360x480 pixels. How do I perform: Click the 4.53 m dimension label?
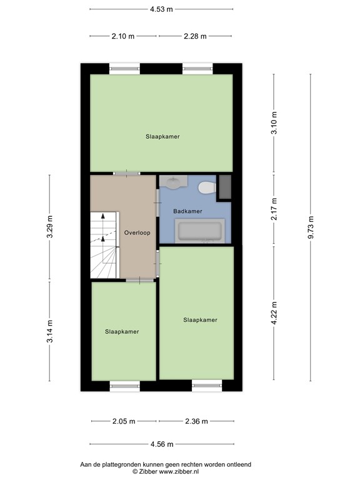coord(161,9)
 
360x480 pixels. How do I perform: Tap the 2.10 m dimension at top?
coord(123,36)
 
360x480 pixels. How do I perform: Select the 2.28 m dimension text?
coord(195,36)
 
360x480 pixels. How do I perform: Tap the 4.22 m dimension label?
coord(274,312)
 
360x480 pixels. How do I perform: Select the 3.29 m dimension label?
coord(51,227)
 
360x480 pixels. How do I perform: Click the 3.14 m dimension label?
coord(51,331)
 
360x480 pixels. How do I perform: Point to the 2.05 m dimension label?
coord(123,421)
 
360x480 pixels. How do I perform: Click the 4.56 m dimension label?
coord(161,444)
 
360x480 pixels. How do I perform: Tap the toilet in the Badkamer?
coord(206,187)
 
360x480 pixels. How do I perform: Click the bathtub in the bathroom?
coord(199,231)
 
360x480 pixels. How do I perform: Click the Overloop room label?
coord(137,232)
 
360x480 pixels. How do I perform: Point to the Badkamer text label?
coord(187,211)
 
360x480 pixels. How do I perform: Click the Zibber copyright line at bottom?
coord(165,472)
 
